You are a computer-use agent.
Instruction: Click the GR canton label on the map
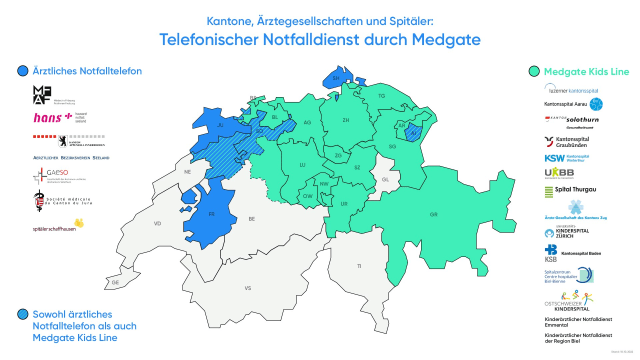(x=432, y=214)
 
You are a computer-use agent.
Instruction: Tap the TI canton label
(x=358, y=266)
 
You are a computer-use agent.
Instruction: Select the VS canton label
(x=247, y=288)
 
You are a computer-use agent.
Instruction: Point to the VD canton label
(x=157, y=224)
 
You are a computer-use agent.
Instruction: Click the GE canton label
(x=115, y=283)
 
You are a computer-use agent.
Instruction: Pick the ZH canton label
(x=346, y=121)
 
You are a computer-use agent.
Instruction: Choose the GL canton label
(x=384, y=180)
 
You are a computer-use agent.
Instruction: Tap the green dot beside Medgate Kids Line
(x=536, y=71)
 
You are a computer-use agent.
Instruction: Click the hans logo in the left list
(x=51, y=118)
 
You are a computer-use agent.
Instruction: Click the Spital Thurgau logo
(x=569, y=188)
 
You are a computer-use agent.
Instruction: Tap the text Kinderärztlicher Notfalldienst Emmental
(x=576, y=322)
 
